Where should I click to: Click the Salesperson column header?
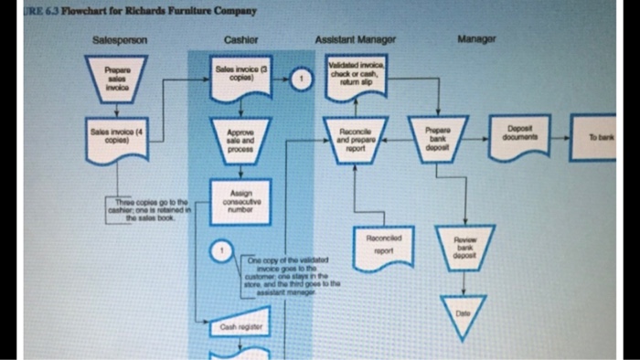point(113,40)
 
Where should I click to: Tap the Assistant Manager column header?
point(350,40)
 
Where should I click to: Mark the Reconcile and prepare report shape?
point(354,139)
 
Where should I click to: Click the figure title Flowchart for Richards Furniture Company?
point(136,11)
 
